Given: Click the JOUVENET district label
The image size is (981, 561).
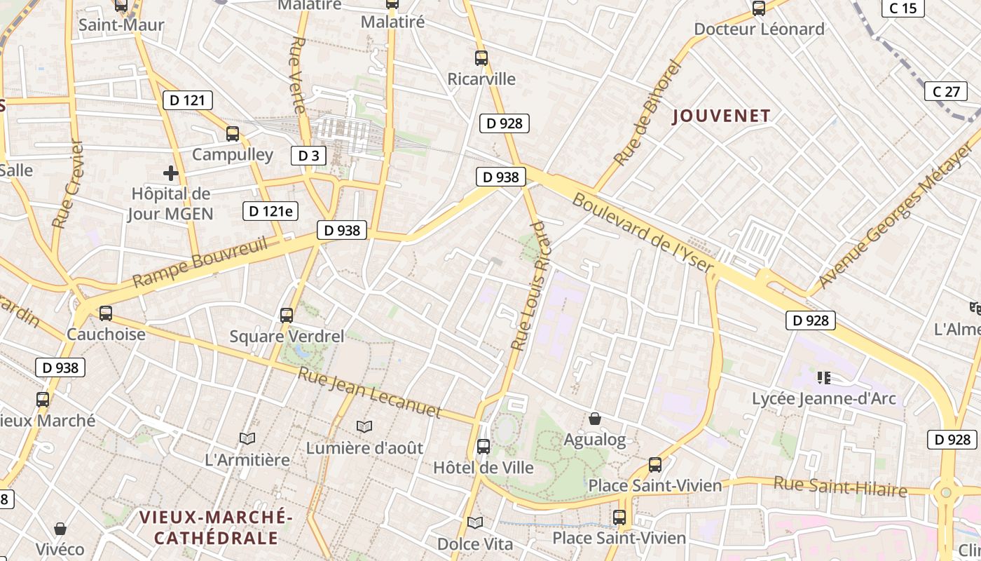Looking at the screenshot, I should click(721, 116).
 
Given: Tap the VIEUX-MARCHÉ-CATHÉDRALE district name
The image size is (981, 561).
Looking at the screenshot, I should click(216, 527).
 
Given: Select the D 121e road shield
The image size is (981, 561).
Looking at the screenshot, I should click(270, 210).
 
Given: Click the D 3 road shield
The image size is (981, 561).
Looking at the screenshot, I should click(308, 155).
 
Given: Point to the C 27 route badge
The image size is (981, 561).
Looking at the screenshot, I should click(946, 91).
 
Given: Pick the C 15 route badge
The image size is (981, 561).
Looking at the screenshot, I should click(903, 8).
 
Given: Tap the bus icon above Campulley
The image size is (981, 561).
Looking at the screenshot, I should click(233, 133).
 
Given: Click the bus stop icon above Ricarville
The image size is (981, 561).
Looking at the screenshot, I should click(481, 58).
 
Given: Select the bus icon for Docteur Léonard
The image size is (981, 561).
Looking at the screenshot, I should click(758, 8).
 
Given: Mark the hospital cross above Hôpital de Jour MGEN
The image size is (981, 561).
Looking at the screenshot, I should click(170, 173).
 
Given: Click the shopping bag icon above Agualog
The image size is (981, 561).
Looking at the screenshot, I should click(594, 419).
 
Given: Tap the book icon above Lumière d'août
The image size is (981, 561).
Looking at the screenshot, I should click(364, 426).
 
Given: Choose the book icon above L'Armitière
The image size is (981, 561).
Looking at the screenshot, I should click(247, 438).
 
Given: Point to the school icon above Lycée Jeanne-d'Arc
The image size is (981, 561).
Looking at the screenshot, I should click(823, 378).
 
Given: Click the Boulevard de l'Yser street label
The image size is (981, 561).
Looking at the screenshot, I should click(643, 234).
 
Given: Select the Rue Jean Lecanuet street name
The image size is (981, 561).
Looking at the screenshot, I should click(369, 392).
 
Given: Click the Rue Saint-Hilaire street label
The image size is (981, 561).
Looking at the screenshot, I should click(840, 486).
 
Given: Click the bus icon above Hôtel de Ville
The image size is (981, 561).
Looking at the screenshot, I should click(483, 446).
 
